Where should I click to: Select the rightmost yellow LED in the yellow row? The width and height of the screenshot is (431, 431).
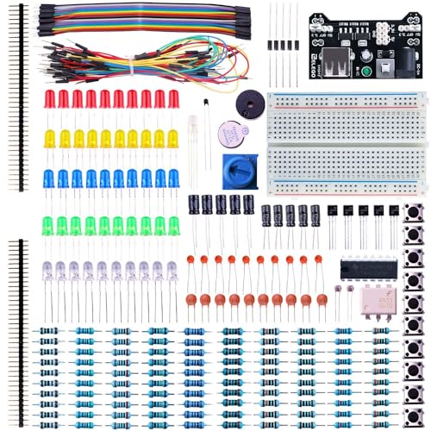(172, 138)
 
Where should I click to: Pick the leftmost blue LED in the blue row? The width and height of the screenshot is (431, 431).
(49, 178)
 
